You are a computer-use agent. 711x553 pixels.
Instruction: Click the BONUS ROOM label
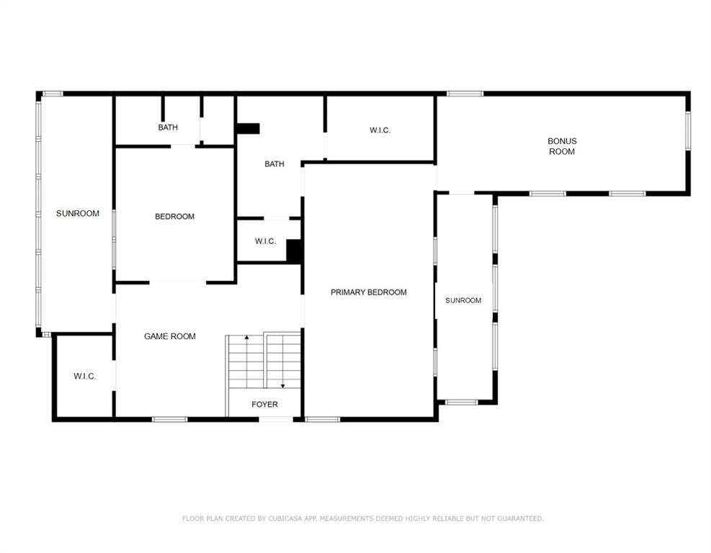[562, 146]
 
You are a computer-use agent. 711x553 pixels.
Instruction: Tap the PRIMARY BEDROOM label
[368, 292]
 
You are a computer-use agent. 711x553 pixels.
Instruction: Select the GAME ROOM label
[169, 336]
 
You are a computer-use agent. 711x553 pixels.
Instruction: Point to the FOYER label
[264, 405]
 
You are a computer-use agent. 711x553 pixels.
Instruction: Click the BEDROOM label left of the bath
[174, 217]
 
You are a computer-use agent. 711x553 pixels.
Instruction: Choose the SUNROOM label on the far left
[78, 213]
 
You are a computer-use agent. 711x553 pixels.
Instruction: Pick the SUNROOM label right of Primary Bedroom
[463, 300]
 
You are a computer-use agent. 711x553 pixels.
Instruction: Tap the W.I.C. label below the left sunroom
[85, 376]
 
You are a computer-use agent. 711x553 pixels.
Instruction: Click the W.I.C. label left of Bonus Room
[380, 130]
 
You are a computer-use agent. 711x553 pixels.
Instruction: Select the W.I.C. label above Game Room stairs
[265, 241]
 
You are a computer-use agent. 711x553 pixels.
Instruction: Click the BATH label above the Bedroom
[168, 127]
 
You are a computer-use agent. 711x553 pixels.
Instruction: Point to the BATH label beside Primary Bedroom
[274, 164]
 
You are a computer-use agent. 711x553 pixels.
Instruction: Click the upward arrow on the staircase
[246, 361]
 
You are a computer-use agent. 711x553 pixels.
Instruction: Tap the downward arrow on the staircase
[282, 361]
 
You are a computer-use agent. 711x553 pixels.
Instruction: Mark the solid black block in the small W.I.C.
[294, 251]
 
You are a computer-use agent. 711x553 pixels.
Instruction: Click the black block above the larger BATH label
[248, 129]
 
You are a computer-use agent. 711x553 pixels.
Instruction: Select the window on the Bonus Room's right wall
[688, 130]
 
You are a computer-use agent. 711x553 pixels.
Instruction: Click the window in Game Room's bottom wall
[169, 419]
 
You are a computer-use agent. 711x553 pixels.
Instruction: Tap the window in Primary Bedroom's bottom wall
[323, 419]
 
